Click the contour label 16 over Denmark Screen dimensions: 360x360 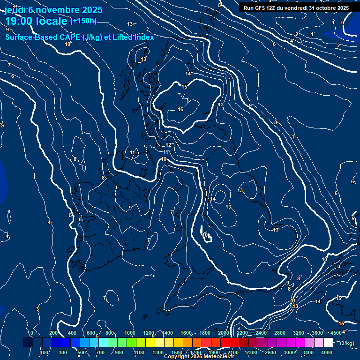tap(180, 109)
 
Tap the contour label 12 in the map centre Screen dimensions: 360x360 tap(168, 145)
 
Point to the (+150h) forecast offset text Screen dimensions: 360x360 tap(83, 21)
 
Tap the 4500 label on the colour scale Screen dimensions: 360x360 tap(336, 333)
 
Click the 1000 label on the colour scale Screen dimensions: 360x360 tap(130, 333)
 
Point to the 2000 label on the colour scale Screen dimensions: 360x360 tap(224, 333)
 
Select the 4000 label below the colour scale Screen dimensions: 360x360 tap(327, 352)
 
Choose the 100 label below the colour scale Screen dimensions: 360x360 tap(45, 352)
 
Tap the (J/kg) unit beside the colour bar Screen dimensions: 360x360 tap(347, 343)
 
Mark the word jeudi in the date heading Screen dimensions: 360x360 tap(15, 10)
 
